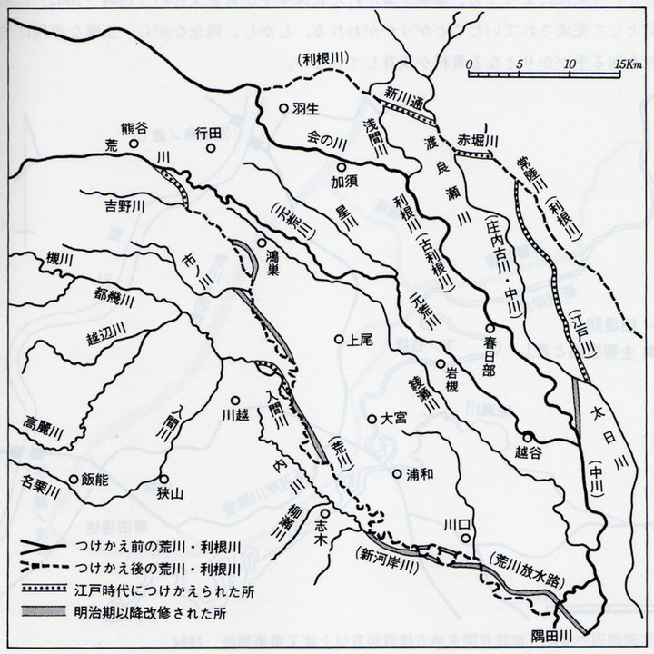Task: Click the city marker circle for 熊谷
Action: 133,143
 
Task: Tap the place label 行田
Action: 208,133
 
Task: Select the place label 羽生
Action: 304,107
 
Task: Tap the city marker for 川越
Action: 234,400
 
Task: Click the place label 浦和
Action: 419,473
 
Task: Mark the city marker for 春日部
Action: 489,328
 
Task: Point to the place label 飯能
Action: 94,479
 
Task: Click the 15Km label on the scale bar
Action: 628,65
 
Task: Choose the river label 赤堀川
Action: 479,140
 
